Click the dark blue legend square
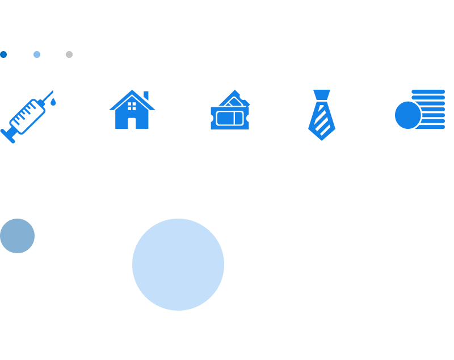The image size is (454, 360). tap(3, 55)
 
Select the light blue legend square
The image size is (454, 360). tap(37, 55)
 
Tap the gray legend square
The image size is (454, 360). tap(69, 55)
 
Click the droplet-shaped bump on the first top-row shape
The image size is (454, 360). tap(53, 102)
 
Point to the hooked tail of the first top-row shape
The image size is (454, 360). tap(3, 133)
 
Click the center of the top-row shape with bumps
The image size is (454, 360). tap(28, 116)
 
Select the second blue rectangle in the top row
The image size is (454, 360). tap(132, 109)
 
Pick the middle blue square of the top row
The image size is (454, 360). tap(230, 110)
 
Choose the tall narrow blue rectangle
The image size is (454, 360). tap(322, 115)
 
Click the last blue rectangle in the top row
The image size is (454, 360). tap(420, 109)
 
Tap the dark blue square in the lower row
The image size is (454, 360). tap(17, 236)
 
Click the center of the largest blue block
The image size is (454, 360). tap(170, 265)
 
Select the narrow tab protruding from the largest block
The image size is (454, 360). tap(217, 265)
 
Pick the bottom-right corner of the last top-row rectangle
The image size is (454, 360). tap(444, 128)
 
